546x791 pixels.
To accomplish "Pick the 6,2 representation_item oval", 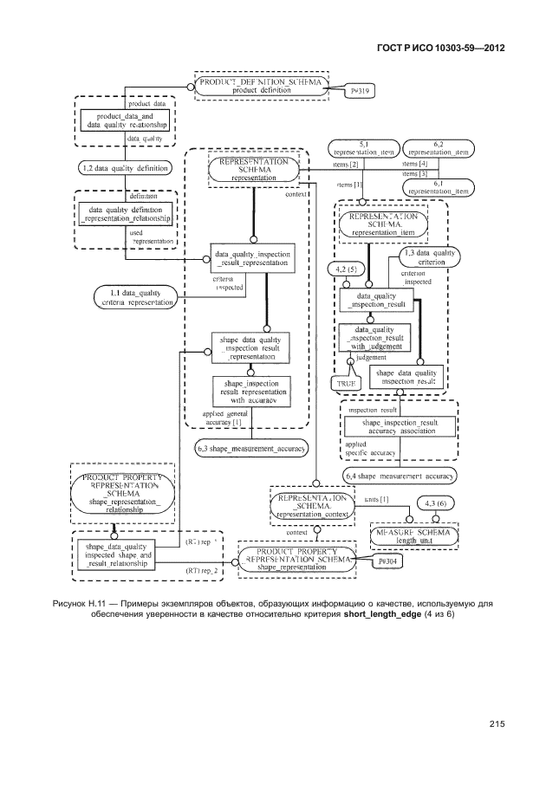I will coord(438,147).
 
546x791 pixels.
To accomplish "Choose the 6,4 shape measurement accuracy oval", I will coord(400,475).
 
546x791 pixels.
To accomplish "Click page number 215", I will coord(496,723).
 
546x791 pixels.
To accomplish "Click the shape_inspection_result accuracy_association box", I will coord(399,426).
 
